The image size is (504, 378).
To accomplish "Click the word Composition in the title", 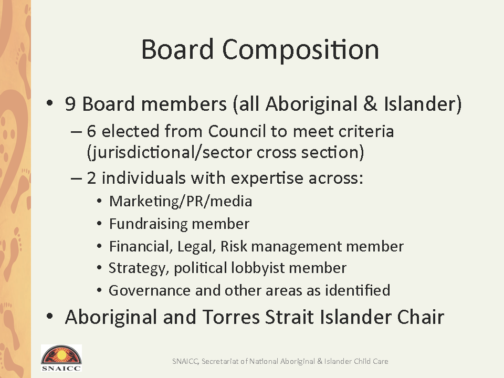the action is coord(300,50).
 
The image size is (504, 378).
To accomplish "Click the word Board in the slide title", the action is coord(177,49).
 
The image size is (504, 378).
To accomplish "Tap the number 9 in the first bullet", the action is coord(70,104).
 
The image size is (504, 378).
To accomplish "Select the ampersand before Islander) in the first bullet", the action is coord(370,104).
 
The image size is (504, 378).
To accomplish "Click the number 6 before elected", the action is coord(91,131).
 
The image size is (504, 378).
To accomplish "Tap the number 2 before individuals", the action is coord(91,178).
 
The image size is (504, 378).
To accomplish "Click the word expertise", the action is coord(267,178).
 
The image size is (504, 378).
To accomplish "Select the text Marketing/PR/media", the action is coord(181,202).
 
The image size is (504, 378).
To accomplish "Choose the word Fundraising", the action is coord(148,224).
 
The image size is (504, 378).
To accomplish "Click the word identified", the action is coord(358,290).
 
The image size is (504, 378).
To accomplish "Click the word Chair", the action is coord(421,317).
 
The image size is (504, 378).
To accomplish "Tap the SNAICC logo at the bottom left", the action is coord(61,358).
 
